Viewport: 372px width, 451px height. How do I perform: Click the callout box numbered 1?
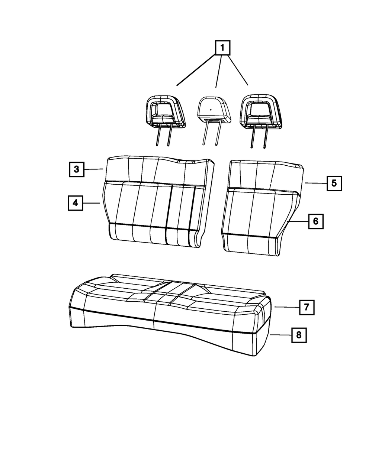point(222,48)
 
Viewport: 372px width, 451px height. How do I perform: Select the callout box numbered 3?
point(77,169)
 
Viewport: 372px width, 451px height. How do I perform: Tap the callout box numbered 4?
point(76,203)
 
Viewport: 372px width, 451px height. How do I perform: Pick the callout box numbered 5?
point(334,184)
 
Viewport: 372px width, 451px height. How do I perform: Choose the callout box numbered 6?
point(316,221)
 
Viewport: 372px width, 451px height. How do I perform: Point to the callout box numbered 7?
point(307,307)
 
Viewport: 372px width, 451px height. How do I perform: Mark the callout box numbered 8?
point(299,335)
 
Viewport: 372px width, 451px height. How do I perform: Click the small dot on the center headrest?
point(211,110)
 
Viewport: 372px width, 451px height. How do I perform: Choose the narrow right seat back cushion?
point(262,208)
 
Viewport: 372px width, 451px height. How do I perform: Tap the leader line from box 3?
point(94,169)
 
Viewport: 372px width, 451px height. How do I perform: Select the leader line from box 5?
point(316,183)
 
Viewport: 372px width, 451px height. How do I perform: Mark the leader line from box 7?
point(287,307)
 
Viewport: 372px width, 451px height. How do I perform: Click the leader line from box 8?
point(281,335)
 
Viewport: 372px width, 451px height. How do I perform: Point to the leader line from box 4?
point(92,203)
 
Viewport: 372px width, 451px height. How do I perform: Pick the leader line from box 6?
point(298,221)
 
